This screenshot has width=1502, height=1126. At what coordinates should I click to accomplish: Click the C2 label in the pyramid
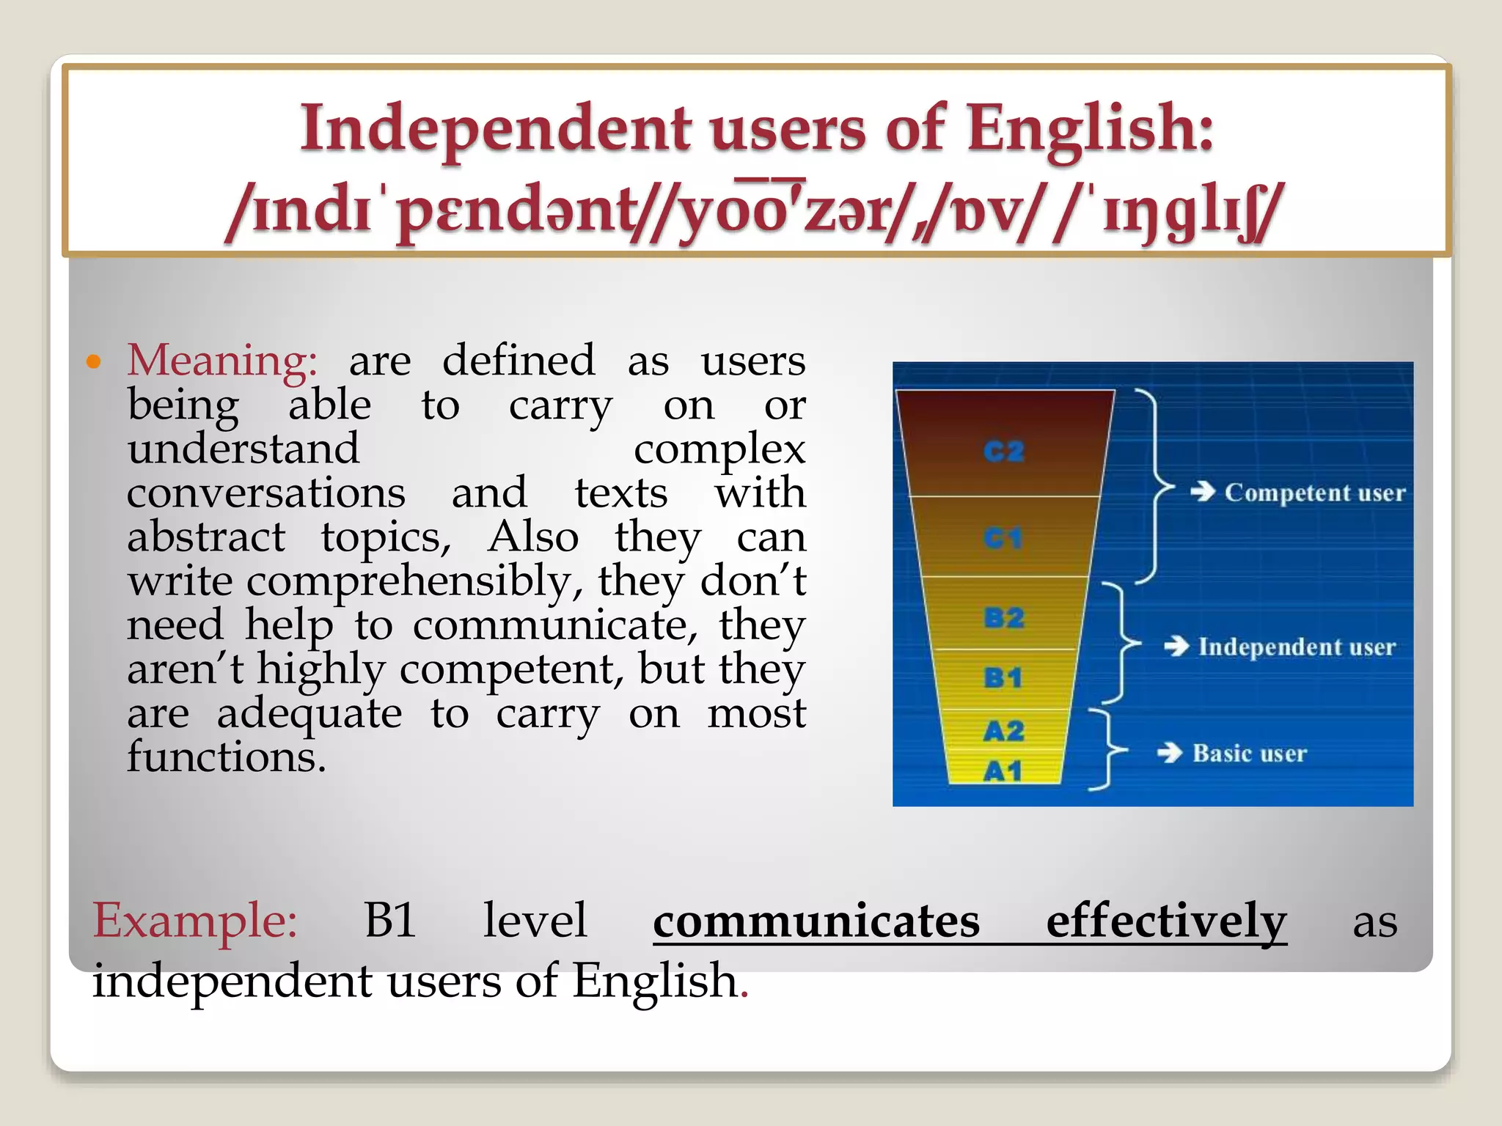(1003, 452)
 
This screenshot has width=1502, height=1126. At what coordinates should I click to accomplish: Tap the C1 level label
(1003, 540)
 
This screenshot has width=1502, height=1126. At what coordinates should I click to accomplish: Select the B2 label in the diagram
(1003, 618)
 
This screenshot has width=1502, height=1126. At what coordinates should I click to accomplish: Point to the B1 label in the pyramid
(1003, 677)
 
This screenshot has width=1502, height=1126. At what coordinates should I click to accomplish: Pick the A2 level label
(1003, 732)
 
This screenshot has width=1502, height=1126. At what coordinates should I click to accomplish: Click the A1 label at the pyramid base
(1003, 771)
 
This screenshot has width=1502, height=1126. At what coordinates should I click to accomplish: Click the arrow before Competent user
(1203, 492)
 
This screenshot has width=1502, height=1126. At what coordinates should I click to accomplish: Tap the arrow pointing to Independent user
(1176, 646)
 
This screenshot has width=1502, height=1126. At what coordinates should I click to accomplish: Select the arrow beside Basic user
(1170, 753)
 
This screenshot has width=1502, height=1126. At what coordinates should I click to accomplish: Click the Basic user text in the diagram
(1250, 754)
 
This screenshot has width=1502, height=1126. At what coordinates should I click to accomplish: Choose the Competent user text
(1315, 493)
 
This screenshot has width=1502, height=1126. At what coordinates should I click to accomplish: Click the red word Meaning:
(222, 361)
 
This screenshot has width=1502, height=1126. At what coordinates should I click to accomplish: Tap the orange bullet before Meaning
(93, 361)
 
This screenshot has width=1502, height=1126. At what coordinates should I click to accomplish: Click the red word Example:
(195, 921)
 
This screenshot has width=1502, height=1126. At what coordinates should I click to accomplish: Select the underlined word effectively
(1166, 921)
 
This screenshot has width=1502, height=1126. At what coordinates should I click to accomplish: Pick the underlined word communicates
(816, 921)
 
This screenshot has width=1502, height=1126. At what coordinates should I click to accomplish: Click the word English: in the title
(1090, 128)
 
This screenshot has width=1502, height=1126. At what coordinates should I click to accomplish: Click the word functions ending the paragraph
(226, 757)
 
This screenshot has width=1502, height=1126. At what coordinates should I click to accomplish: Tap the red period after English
(744, 994)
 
